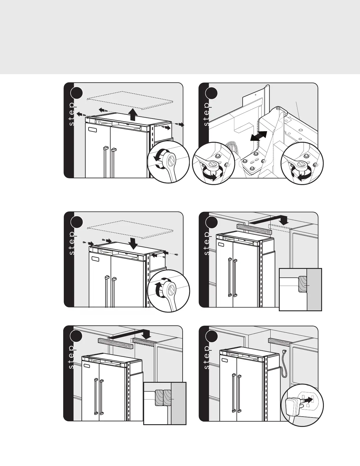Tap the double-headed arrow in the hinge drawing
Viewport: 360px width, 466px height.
[258, 137]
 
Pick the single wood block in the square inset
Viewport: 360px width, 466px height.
[302, 284]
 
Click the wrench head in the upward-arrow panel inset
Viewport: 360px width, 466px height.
[171, 161]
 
